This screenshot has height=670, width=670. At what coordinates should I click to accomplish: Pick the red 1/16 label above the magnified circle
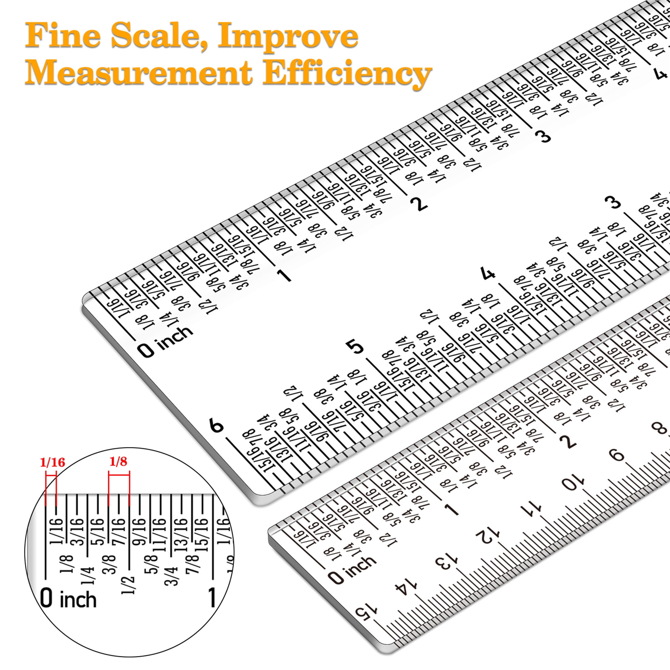point(53,462)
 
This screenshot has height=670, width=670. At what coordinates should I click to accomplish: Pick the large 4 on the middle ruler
point(488,273)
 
